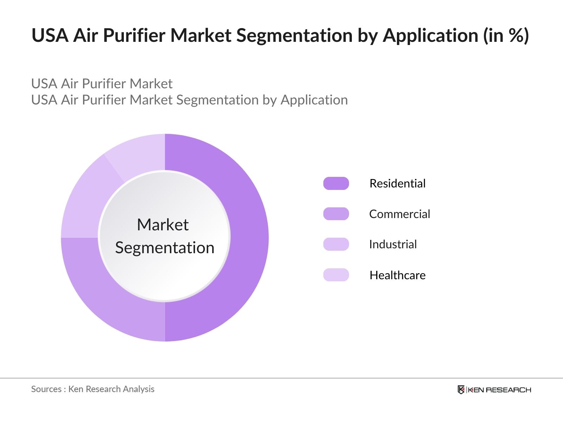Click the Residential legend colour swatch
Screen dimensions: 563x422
[336, 184]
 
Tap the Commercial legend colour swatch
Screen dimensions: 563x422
[336, 214]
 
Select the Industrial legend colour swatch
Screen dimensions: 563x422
[336, 244]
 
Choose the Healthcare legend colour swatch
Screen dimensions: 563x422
[336, 275]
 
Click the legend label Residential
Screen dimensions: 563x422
[398, 184]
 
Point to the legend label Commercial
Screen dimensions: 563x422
[400, 214]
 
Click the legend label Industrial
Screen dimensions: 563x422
[393, 244]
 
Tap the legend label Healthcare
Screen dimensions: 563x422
[398, 275]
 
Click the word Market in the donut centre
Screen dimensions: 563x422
[163, 225]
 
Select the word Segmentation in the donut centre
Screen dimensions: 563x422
[165, 248]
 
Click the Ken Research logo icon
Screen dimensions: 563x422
[461, 390]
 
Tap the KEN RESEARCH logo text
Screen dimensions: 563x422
[500, 390]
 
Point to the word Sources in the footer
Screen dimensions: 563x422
[46, 389]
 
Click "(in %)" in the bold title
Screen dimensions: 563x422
[506, 35]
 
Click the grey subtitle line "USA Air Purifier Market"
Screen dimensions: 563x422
[102, 84]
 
